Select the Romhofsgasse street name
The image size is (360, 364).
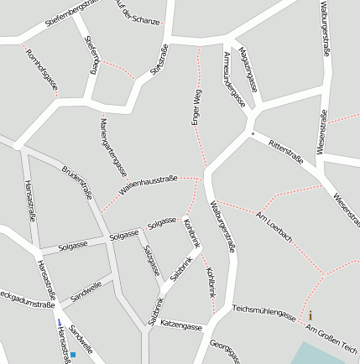pyautogui.click(x=42, y=70)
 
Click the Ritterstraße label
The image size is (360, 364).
pyautogui.click(x=286, y=152)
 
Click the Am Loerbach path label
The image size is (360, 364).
pyautogui.click(x=274, y=226)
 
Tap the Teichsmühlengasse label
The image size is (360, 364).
pyautogui.click(x=264, y=313)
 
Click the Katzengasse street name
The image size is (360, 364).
pyautogui.click(x=181, y=324)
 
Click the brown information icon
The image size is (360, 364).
pyautogui.click(x=310, y=315)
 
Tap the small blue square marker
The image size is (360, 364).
pyautogui.click(x=73, y=355)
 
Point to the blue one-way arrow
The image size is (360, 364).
pyautogui.click(x=59, y=322)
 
